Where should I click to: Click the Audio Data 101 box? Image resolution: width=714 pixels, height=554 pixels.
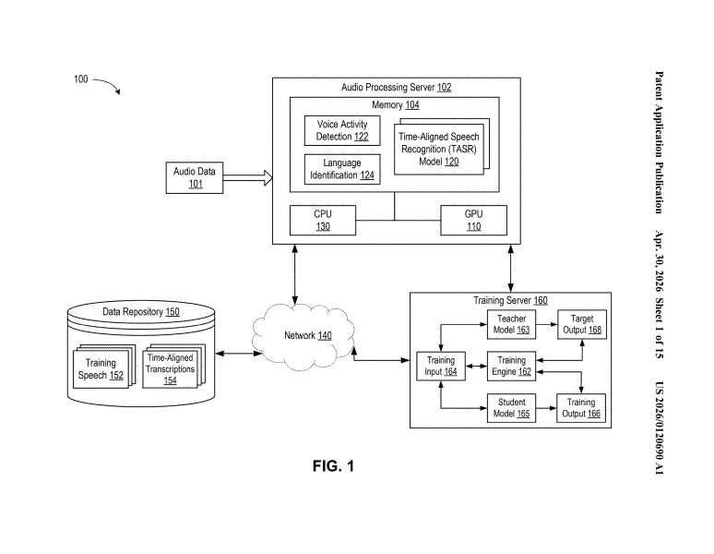pos(195,177)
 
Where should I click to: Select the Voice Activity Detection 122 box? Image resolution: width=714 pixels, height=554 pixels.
pos(342,131)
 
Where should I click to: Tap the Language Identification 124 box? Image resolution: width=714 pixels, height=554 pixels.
pos(342,169)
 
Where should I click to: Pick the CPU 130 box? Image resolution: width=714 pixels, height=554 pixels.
pos(323,221)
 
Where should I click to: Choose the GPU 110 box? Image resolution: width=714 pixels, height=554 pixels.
pos(473,221)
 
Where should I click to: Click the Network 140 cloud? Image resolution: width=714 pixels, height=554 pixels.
pos(303,336)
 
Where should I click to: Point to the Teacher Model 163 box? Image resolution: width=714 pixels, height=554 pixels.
pos(511,324)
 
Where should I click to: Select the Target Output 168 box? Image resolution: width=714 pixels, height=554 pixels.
pos(582,324)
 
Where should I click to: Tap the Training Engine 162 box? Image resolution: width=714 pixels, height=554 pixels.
pos(511,367)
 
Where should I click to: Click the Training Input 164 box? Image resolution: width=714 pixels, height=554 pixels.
pos(441,367)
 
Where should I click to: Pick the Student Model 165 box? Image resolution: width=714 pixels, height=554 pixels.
pos(511,408)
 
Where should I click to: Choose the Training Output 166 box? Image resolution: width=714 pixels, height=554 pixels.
pos(581,408)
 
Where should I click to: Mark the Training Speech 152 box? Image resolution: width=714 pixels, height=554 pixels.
pos(101,369)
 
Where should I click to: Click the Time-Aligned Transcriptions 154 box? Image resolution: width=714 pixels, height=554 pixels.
pos(171,369)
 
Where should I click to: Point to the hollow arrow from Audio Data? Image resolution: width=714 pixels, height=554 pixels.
pos(248,177)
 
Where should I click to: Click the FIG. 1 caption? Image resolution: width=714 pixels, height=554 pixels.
pos(333,466)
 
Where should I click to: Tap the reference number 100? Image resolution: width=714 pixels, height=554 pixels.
pos(80,79)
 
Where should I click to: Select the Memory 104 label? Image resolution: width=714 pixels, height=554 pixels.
pos(395,105)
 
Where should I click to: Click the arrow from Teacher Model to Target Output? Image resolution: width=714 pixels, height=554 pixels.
pos(547,324)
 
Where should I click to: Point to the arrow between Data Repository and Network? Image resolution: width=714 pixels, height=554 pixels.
pos(237,353)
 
